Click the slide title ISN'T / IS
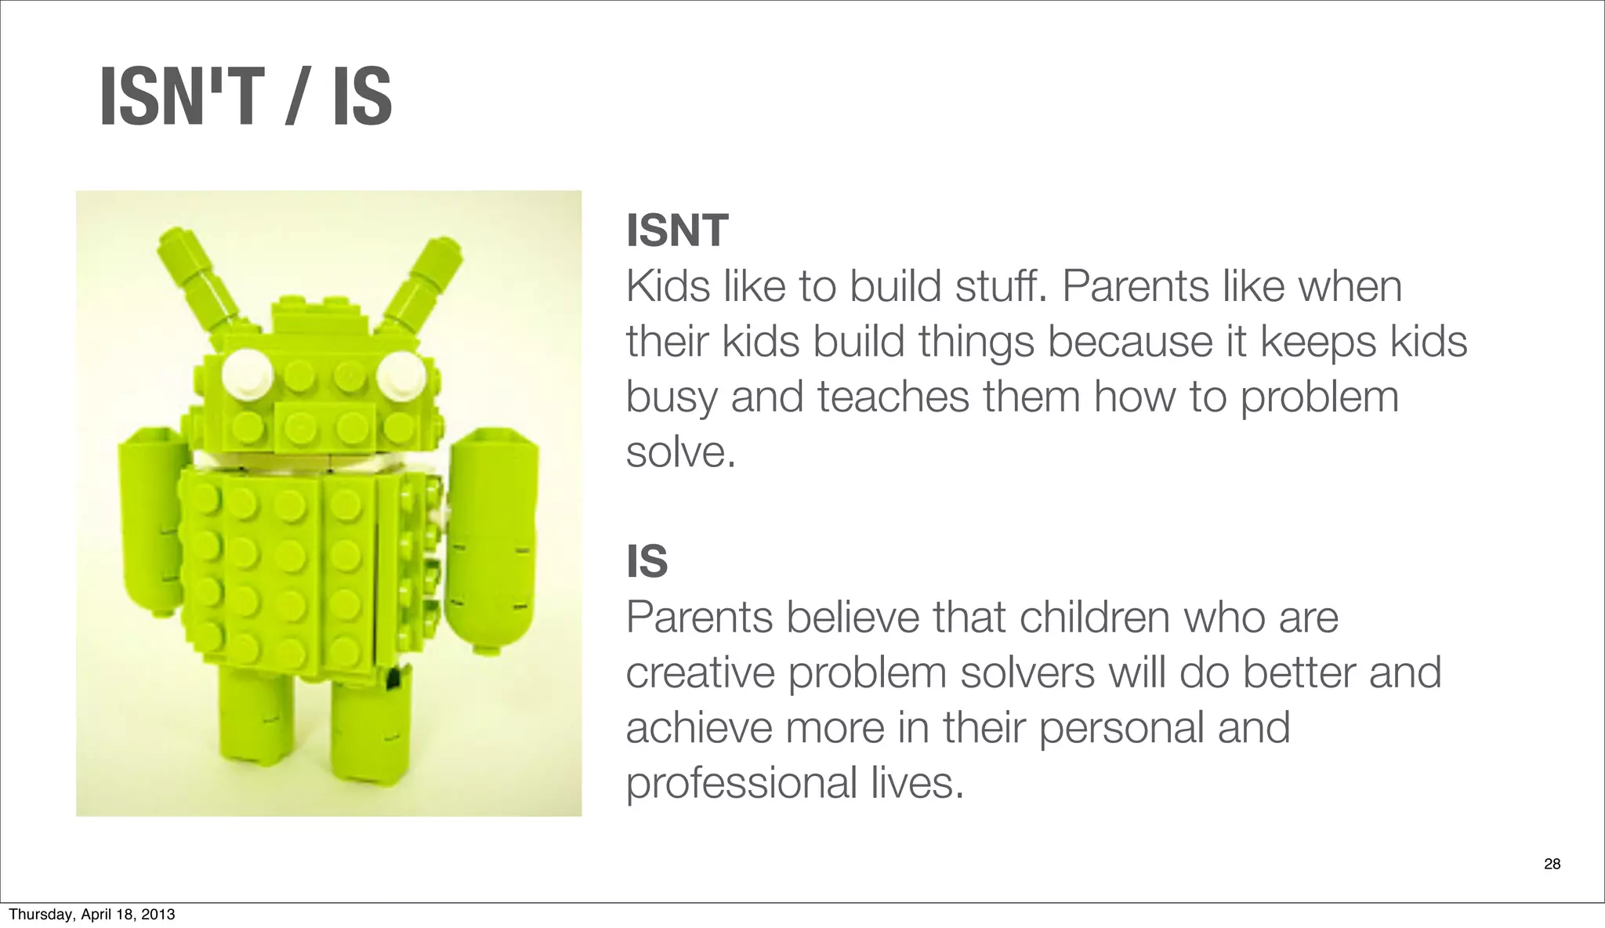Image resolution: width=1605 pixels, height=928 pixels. tap(245, 97)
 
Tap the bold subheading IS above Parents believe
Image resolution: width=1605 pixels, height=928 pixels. tap(647, 562)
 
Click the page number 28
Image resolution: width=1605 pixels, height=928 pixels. tap(1552, 864)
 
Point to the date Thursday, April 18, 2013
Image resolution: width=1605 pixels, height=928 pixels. tap(92, 914)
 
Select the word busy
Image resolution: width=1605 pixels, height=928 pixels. tap(671, 397)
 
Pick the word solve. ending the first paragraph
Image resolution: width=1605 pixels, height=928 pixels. tap(681, 452)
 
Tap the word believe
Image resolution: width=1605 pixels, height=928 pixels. tap(853, 618)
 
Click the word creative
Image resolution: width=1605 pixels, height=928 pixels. tap(701, 673)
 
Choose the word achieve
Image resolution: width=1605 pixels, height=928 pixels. tap(699, 728)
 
